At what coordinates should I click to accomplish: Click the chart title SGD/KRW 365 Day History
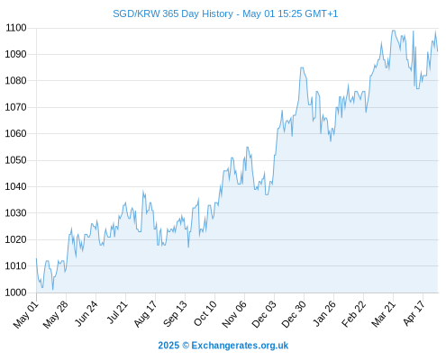(x=173, y=13)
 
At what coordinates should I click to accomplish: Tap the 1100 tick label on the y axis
(x=16, y=28)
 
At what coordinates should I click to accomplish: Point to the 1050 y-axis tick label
(x=15, y=160)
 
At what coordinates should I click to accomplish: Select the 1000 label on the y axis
(x=15, y=292)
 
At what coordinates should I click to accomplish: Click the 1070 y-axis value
(x=15, y=107)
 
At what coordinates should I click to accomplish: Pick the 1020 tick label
(x=15, y=239)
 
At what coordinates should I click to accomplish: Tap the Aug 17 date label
(x=145, y=314)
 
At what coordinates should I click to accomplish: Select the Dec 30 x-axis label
(x=294, y=314)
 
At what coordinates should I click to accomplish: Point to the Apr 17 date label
(x=414, y=313)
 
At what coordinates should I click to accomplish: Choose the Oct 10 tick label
(x=205, y=313)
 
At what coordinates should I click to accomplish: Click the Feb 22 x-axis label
(x=353, y=314)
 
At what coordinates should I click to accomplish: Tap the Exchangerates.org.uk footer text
(x=240, y=346)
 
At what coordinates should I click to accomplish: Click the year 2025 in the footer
(x=168, y=346)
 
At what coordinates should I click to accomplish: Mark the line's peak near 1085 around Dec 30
(x=302, y=67)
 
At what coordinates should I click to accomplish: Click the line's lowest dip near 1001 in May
(x=53, y=290)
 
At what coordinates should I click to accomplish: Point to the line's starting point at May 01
(x=36, y=258)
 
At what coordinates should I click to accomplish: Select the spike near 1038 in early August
(x=143, y=191)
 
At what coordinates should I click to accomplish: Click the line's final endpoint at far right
(x=438, y=51)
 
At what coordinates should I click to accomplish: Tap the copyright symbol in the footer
(x=186, y=346)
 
